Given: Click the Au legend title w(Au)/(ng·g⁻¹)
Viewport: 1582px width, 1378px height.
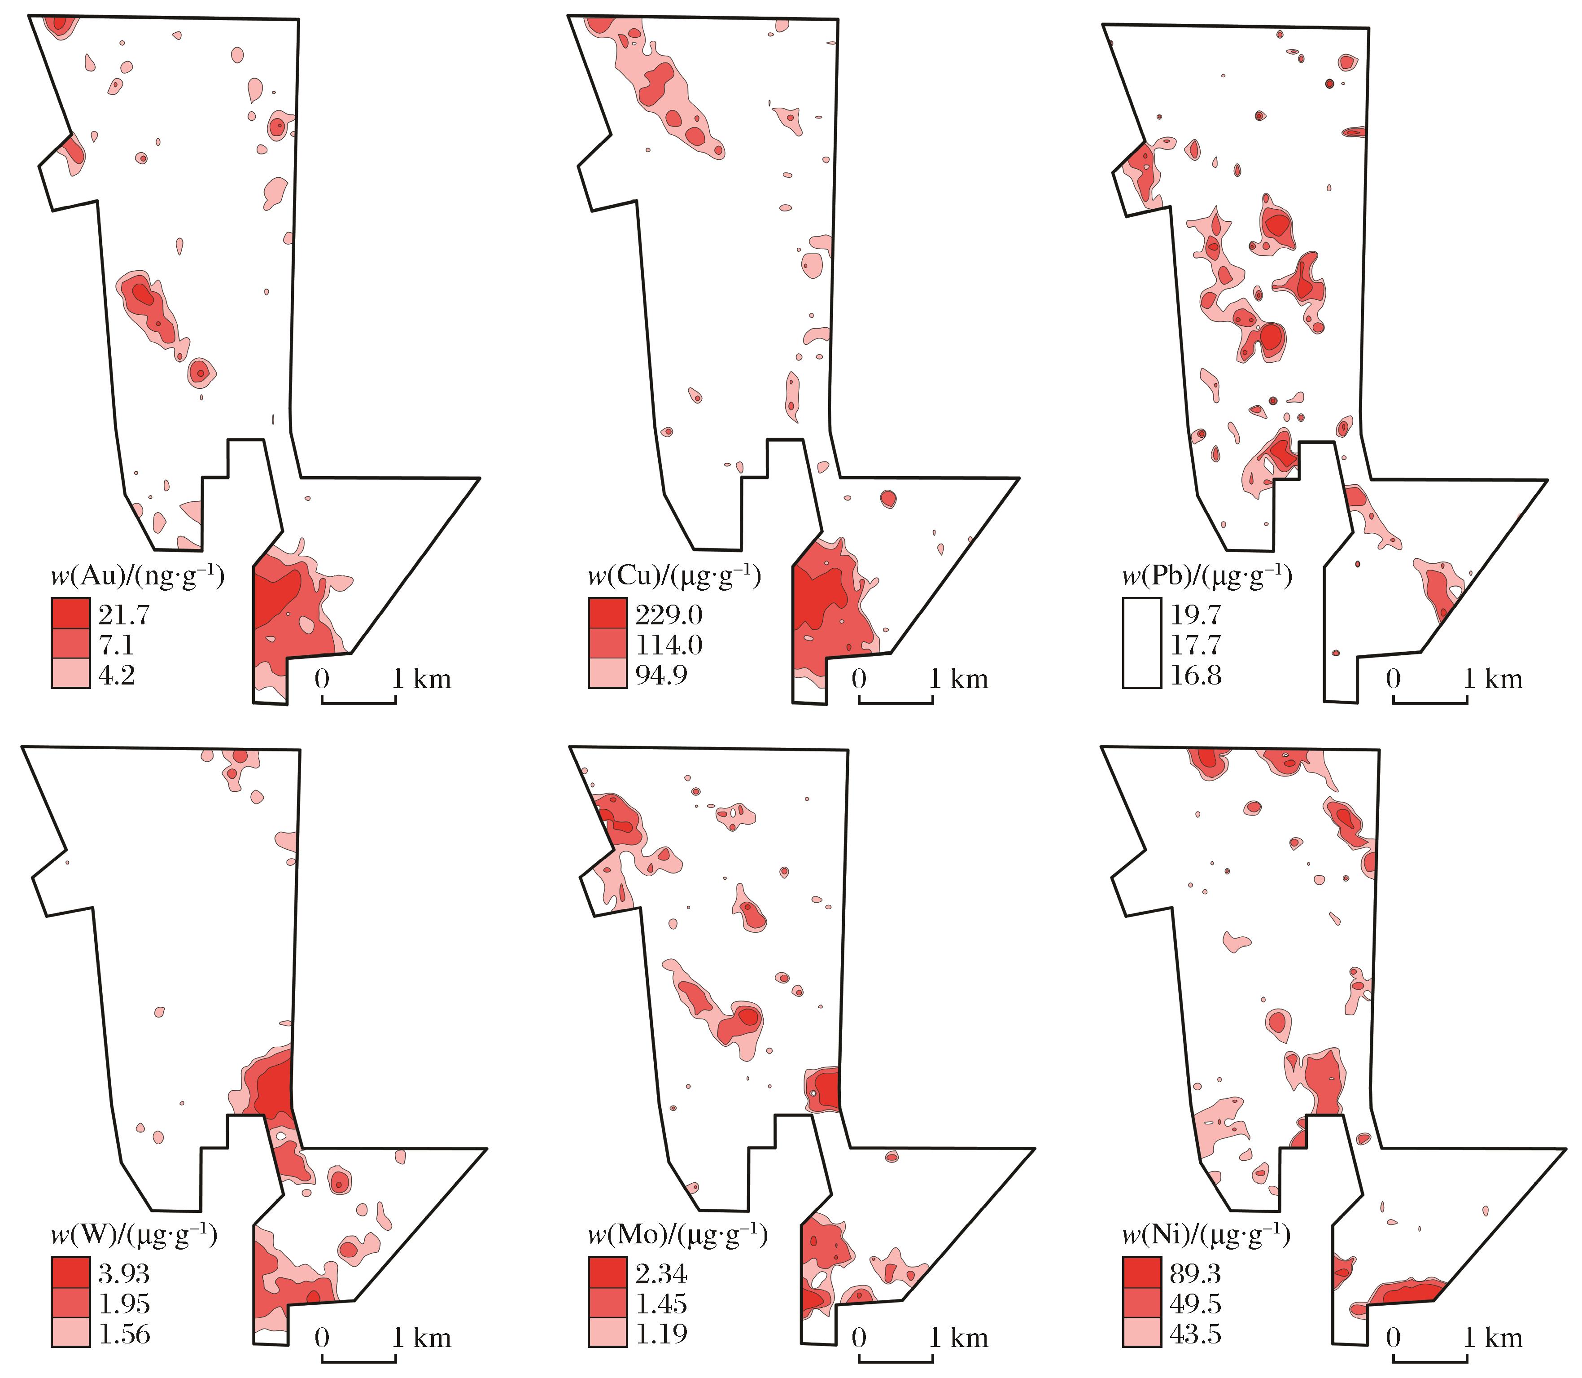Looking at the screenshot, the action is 137,577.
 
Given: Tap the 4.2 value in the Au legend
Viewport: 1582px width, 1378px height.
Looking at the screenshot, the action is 116,675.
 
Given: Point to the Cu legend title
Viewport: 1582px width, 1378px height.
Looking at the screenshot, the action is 674,577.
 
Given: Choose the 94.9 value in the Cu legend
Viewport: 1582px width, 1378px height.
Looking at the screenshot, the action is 661,675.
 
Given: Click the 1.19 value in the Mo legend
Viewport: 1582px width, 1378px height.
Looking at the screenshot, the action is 661,1334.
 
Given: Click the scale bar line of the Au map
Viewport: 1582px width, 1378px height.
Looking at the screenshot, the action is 359,701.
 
